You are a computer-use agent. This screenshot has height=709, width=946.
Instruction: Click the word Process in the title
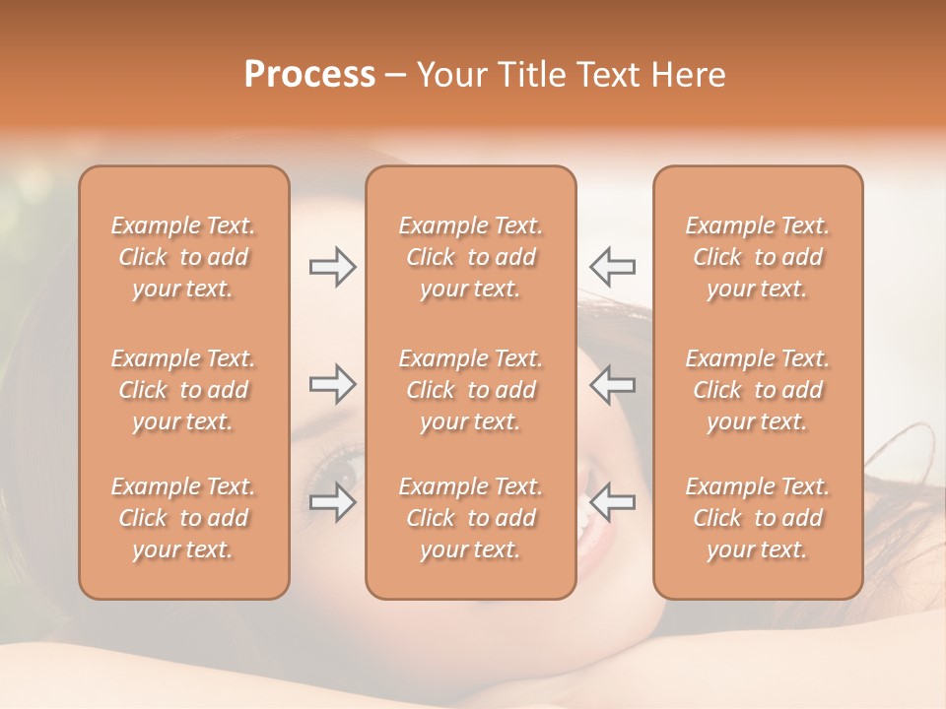click(x=309, y=75)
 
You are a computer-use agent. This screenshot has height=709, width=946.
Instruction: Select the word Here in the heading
click(x=689, y=75)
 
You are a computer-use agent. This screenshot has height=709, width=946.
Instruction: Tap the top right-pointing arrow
click(x=332, y=267)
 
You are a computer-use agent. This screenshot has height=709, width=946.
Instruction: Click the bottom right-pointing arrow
click(x=332, y=502)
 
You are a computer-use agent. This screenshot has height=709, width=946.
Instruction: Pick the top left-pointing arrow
click(x=612, y=267)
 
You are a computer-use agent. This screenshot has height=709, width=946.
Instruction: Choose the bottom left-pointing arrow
click(x=612, y=502)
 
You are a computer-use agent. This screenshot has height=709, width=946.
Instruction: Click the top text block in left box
click(x=183, y=257)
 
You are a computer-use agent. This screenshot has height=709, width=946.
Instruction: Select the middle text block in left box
click(x=183, y=390)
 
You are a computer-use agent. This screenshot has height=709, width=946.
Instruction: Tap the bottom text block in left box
click(x=183, y=518)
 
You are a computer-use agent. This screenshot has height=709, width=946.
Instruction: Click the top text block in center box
click(x=470, y=257)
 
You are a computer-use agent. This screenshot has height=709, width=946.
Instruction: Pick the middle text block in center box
click(x=470, y=390)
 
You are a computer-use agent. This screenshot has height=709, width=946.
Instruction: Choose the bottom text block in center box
click(x=470, y=518)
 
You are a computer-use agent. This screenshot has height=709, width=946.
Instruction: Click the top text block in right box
click(x=757, y=257)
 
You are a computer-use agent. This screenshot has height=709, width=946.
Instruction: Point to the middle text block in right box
click(x=757, y=390)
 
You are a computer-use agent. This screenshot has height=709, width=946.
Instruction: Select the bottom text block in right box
click(x=757, y=518)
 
